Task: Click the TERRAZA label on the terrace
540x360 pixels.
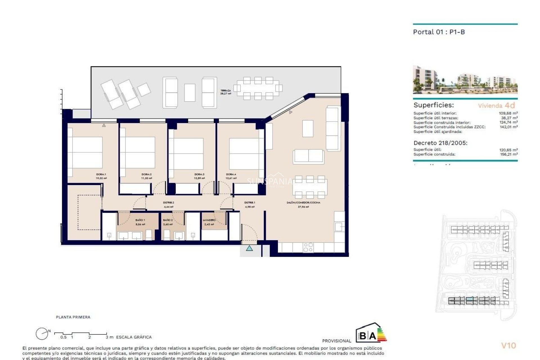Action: point(226,91)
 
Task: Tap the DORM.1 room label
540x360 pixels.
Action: point(101,174)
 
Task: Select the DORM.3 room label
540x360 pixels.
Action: point(199,174)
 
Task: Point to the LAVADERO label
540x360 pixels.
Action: point(209,220)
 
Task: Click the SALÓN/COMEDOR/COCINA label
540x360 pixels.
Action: point(303,202)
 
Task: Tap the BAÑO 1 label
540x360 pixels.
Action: point(140,220)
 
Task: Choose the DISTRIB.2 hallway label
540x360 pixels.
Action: point(169,202)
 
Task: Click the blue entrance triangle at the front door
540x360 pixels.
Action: point(249,248)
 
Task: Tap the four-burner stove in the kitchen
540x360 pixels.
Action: point(308,247)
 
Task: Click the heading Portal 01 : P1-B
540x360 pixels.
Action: point(439,32)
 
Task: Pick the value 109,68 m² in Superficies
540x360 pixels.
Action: point(508,113)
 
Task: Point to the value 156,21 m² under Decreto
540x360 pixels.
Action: point(508,154)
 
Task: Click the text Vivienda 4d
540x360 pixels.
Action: point(496,106)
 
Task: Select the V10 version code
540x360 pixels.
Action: point(508,346)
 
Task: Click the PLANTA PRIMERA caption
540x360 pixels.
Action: point(73,317)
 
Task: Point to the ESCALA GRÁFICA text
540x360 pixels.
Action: point(134,337)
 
